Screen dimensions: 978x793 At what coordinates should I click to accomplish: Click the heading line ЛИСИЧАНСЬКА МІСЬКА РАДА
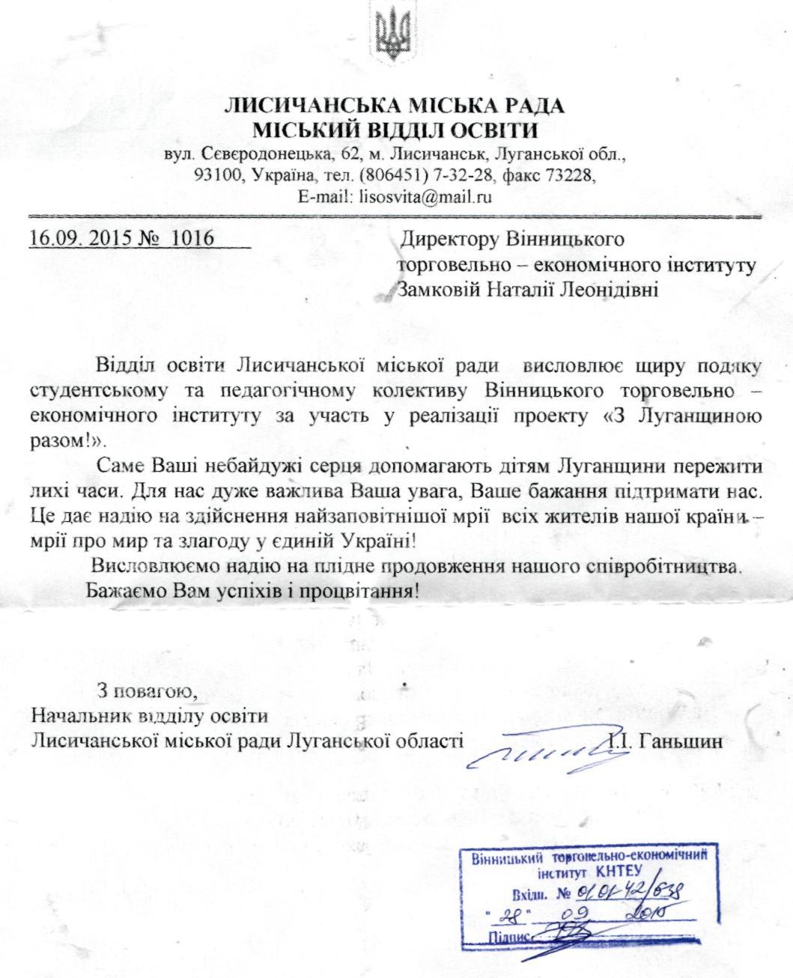click(x=395, y=106)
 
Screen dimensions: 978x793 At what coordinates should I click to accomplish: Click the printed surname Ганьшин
click(x=680, y=742)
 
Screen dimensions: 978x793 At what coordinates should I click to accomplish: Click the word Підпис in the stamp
click(x=509, y=938)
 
